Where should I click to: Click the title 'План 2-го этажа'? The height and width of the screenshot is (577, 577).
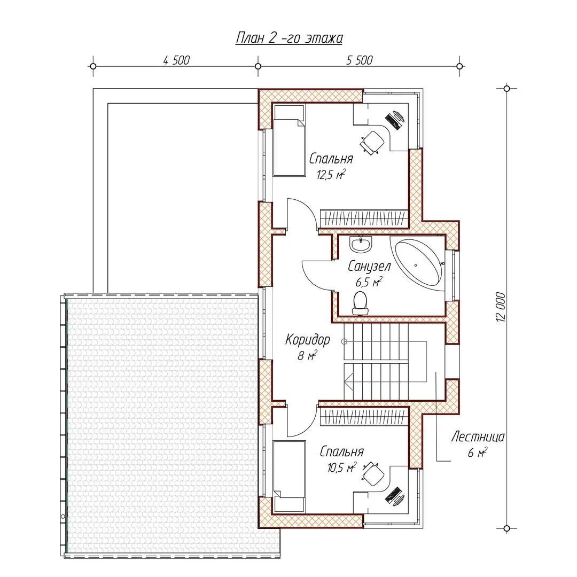pos(289,38)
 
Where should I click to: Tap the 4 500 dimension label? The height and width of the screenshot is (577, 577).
pos(176,60)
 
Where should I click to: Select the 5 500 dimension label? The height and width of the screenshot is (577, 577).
pos(360,60)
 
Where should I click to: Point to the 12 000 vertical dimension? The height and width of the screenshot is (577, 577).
pos(501,307)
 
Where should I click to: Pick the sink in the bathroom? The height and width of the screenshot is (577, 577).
pos(361,244)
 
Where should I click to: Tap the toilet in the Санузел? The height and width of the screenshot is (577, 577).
pos(360,303)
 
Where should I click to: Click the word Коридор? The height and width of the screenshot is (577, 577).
pos(308,340)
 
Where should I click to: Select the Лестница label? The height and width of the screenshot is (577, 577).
pos(477,437)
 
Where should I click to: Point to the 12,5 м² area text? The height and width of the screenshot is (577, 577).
pos(331,174)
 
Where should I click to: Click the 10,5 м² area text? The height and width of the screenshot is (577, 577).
pos(342,467)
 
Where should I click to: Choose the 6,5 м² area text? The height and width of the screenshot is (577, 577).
pos(369,282)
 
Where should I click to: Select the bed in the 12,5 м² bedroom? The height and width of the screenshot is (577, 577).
pos(289,140)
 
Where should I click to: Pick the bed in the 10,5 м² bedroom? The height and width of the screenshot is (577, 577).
pos(289,476)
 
